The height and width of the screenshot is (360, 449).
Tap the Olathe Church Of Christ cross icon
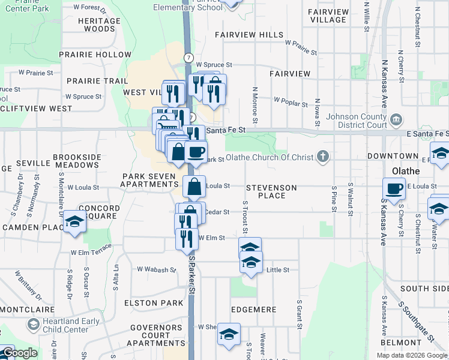tap(323, 157)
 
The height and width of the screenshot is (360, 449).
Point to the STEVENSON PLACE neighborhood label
tap(271, 191)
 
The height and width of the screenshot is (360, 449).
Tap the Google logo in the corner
tap(20, 353)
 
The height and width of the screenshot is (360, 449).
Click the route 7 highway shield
tap(189, 58)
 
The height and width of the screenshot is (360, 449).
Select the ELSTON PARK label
tap(154, 303)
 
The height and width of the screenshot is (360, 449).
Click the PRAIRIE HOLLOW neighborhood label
tap(100, 55)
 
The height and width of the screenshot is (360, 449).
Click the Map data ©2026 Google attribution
tap(411, 355)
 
